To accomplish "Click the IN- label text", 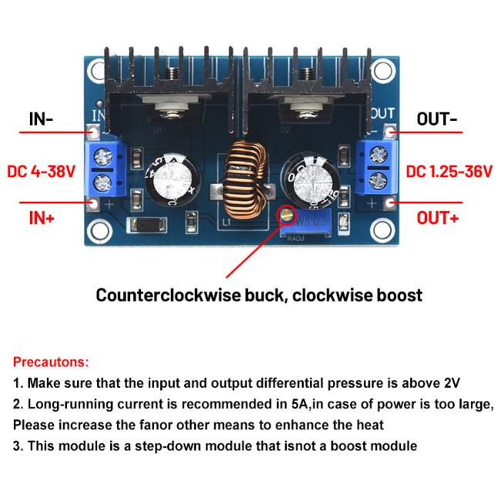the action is tap(41, 119).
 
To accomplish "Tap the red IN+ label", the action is tap(42, 218).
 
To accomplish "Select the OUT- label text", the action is tap(436, 119).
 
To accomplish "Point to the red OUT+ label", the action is tap(438, 218).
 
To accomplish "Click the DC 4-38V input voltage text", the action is tap(41, 171).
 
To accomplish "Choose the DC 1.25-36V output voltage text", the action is tap(449, 171).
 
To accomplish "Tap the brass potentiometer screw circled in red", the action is tap(287, 215).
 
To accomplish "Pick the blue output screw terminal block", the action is tap(376, 167).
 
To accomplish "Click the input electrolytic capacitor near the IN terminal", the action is tap(172, 180).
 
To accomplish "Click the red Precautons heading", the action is tap(51, 361).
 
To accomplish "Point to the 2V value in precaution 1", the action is tap(452, 383).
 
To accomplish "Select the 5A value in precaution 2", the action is tap(299, 404).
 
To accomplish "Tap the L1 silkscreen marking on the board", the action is tap(226, 221).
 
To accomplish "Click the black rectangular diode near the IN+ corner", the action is tap(146, 224).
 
